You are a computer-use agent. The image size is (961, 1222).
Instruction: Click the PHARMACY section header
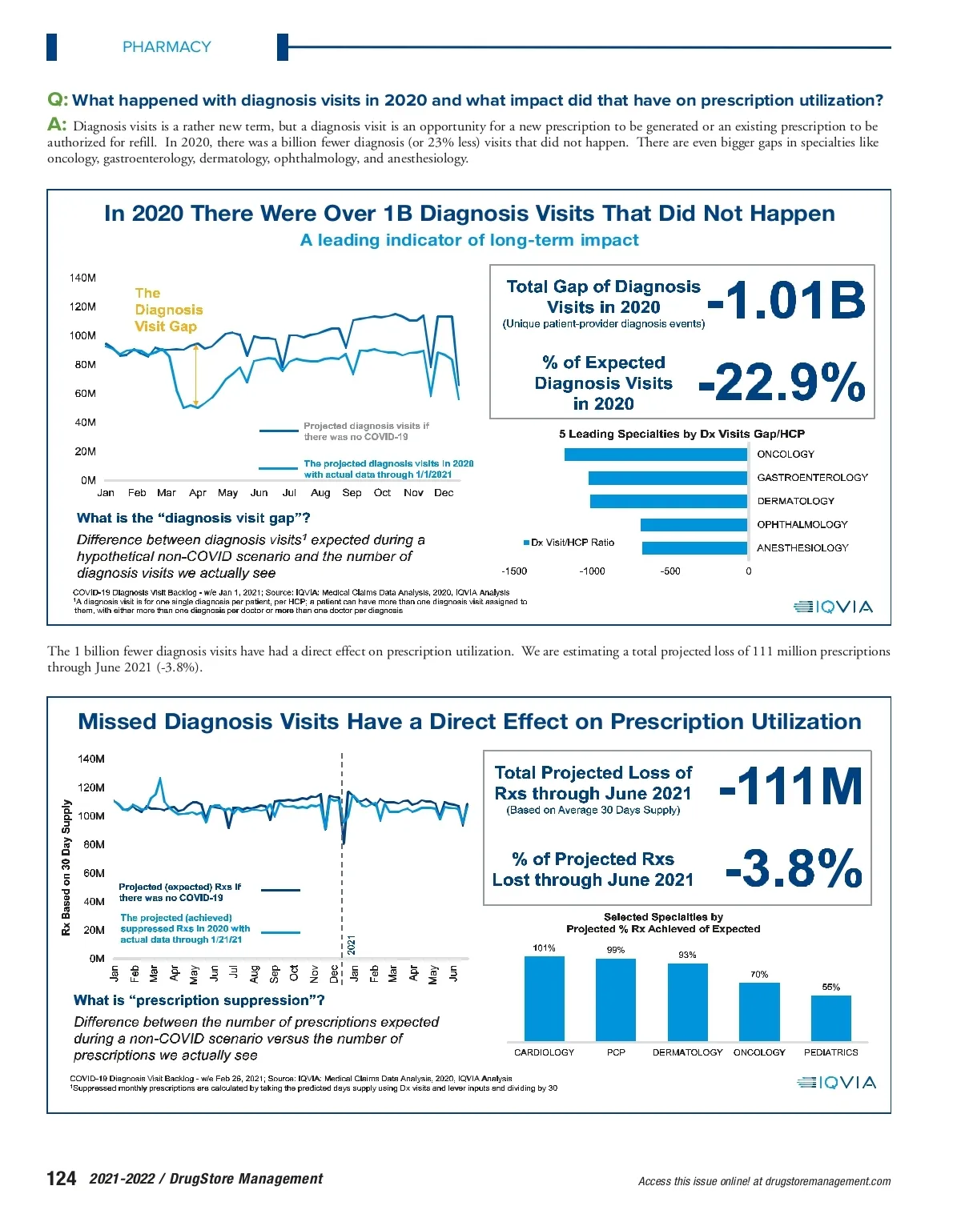[x=167, y=47]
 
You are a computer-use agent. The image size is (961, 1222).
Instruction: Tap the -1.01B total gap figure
[x=786, y=300]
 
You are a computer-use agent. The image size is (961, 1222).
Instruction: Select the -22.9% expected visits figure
[x=782, y=382]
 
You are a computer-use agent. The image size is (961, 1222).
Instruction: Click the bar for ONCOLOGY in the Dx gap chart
[x=655, y=455]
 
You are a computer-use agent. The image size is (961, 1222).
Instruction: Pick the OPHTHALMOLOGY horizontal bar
[x=694, y=525]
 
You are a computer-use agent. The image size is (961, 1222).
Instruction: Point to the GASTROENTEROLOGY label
[x=812, y=478]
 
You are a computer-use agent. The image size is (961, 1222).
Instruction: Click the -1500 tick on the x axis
[x=514, y=571]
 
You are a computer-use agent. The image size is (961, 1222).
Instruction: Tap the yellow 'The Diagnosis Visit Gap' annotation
[x=168, y=310]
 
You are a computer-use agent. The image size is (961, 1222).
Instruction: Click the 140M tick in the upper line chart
[x=82, y=278]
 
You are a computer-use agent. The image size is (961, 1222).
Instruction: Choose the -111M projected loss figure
[x=791, y=787]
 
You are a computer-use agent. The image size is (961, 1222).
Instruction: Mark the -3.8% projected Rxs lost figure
[x=794, y=868]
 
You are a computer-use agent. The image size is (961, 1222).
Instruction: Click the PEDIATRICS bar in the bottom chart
[x=830, y=1018]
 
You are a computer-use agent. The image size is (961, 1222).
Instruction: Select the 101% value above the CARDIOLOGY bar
[x=544, y=948]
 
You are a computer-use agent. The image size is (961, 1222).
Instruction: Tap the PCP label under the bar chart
[x=616, y=1052]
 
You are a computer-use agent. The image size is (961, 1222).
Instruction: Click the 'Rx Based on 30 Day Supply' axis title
[x=66, y=867]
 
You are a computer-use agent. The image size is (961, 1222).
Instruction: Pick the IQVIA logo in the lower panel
[x=836, y=1083]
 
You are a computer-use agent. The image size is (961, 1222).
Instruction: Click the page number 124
[x=62, y=1179]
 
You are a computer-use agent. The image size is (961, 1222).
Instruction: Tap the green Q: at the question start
[x=58, y=100]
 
